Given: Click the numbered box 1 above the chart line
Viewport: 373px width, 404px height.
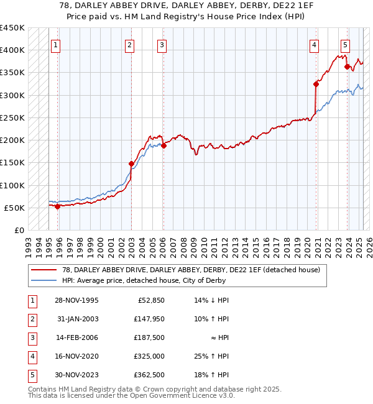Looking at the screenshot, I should point(56,44).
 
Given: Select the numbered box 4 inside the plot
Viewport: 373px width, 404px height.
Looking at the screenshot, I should point(315,44).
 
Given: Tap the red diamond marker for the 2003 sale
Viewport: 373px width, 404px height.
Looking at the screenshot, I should point(132,164).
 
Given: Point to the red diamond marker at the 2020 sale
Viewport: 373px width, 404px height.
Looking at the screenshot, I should point(316,85).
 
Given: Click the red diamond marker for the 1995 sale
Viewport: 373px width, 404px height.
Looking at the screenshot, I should point(58,206).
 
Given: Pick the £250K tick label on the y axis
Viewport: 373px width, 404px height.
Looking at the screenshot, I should point(12,117).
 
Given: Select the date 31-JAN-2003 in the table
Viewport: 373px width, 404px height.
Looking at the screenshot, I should point(77,319).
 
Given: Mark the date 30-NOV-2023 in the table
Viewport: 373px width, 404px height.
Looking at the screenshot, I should point(78,375).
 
